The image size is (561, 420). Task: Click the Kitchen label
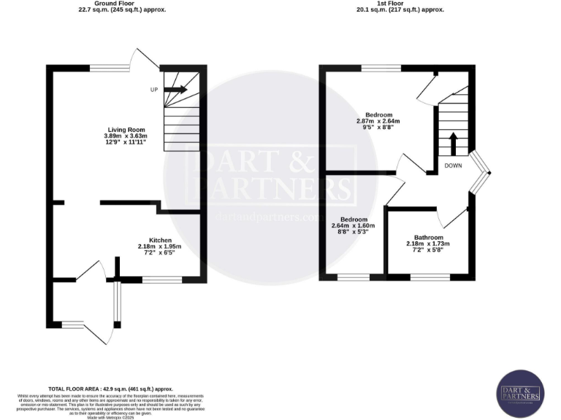(160, 240)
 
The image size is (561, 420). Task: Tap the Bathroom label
(428, 237)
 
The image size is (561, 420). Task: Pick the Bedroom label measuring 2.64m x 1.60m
(354, 219)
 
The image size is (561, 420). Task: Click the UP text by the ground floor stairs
(153, 90)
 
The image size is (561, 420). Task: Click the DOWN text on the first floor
(454, 166)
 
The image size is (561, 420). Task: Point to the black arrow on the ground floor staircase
(176, 90)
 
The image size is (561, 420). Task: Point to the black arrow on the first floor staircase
(453, 144)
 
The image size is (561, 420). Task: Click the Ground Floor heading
(121, 4)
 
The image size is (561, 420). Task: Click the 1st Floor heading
(400, 4)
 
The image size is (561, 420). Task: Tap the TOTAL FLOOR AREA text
(110, 390)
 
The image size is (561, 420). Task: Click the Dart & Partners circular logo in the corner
(521, 395)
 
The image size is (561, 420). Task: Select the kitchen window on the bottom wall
(157, 279)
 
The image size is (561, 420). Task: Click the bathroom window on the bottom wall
(430, 276)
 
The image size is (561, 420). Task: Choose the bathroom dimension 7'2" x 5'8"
(428, 250)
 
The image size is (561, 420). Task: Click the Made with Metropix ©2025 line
(110, 417)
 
